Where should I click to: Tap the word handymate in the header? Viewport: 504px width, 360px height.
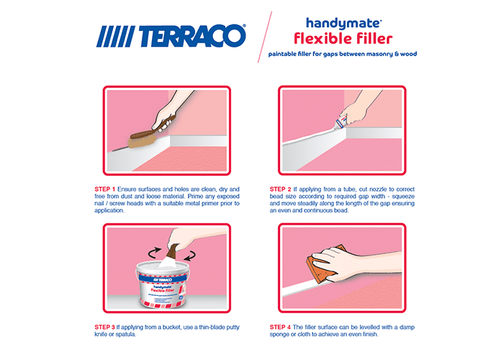[x=343, y=24]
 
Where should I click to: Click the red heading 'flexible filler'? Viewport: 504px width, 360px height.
[x=343, y=39]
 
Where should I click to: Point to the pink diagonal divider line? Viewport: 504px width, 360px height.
[x=264, y=37]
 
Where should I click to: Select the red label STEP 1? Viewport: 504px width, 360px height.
[x=104, y=189]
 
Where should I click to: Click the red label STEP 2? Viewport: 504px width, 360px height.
[x=280, y=189]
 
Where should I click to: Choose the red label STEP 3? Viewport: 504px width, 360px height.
[x=104, y=327]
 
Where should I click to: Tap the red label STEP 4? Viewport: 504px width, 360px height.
[x=280, y=327]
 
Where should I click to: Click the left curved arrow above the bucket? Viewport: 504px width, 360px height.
[x=154, y=252]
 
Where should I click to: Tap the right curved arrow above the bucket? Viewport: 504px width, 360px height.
[x=189, y=256]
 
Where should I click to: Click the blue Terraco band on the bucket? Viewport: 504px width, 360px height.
[x=163, y=279]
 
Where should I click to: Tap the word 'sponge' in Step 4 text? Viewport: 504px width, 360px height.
[x=279, y=335]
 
